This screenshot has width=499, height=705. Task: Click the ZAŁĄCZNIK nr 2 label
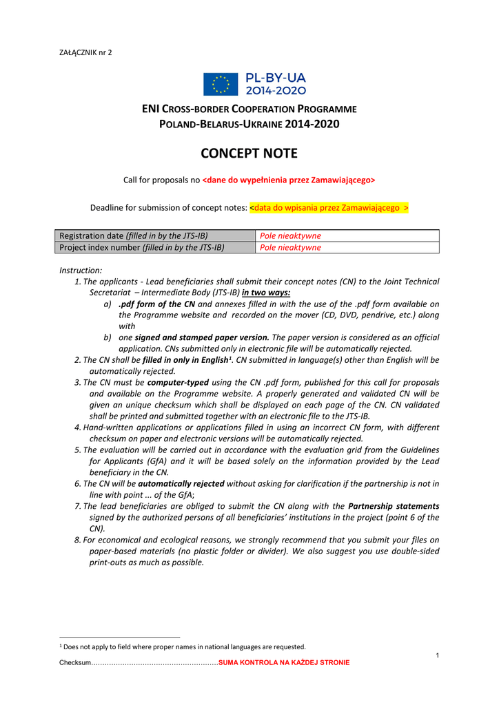86,53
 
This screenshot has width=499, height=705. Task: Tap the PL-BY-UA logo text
276,84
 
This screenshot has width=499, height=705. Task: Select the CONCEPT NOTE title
249,154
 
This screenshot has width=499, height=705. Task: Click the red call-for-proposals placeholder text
289,180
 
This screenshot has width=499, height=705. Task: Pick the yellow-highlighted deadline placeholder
329,207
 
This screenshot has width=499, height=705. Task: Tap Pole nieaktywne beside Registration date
290,236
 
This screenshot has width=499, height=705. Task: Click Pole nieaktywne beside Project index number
290,248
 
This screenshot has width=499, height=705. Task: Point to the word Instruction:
81,271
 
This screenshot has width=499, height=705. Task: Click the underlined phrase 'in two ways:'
265,292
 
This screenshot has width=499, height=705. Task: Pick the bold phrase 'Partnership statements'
394,507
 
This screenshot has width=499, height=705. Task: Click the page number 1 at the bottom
437,654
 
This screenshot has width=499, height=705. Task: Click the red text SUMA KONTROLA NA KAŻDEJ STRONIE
284,662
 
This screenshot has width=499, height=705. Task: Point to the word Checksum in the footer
75,662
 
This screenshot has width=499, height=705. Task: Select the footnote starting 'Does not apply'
183,646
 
